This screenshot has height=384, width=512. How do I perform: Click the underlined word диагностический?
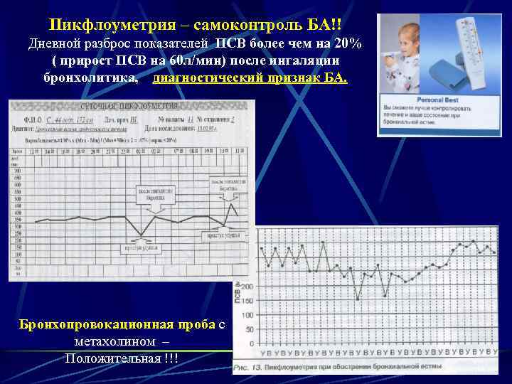206,78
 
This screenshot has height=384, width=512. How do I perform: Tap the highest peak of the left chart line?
232,204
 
